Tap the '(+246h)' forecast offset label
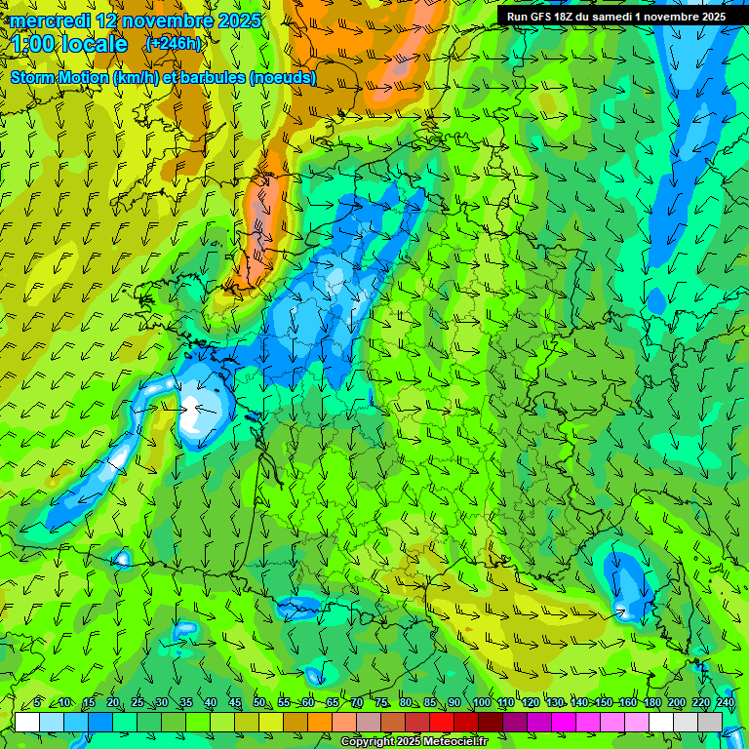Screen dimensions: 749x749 click(174, 43)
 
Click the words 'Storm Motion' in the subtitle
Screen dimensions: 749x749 click(58, 77)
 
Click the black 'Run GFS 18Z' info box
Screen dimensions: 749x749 click(615, 17)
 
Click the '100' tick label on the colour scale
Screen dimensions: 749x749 click(482, 703)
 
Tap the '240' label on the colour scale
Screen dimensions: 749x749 click(726, 703)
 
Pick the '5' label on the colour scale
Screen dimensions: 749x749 click(37, 703)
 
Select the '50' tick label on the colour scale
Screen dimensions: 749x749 click(259, 703)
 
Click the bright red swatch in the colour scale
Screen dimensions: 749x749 click(442, 722)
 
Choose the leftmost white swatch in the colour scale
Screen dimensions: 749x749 click(27, 722)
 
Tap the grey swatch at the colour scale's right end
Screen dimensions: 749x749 click(710, 722)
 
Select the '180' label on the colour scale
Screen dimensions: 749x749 click(651, 703)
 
